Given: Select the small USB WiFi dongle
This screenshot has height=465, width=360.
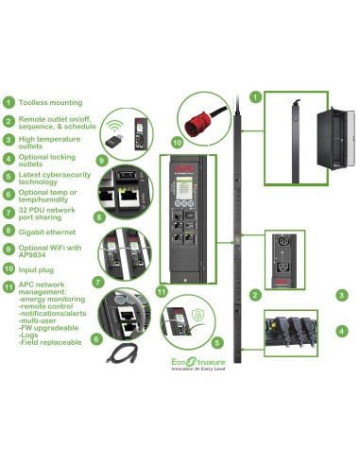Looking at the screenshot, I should point(115,146).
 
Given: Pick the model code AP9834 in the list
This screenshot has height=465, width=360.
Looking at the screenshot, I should point(36,254).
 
